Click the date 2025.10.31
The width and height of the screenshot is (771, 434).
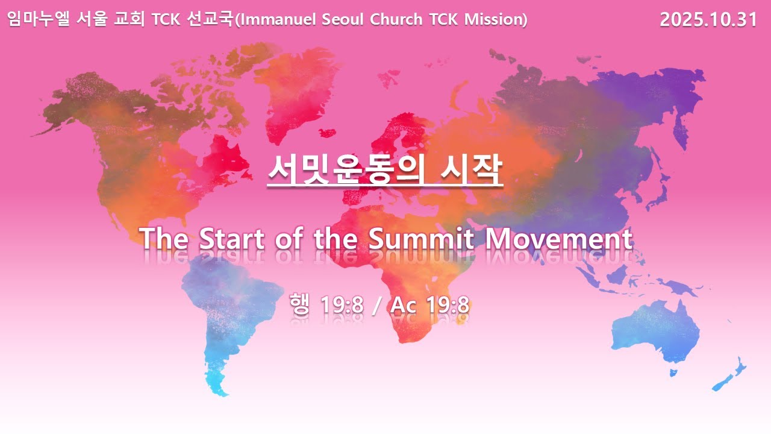[x=708, y=20]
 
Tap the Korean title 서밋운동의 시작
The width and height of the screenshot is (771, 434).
[x=385, y=171]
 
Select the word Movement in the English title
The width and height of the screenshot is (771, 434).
[x=558, y=239]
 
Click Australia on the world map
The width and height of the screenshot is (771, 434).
[x=657, y=332]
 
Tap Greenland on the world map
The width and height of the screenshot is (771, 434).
[x=295, y=90]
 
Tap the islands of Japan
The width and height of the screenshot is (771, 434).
[x=663, y=187]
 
